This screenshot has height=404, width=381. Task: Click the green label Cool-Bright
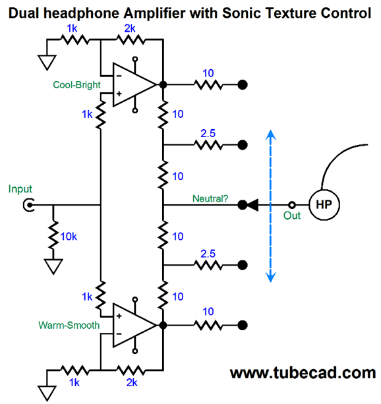76,85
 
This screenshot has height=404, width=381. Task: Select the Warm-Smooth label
69,325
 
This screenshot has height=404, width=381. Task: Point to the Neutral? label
210,198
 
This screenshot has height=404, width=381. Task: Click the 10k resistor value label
69,237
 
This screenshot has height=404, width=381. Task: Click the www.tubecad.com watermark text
303,373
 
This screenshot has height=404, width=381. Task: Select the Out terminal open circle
292,205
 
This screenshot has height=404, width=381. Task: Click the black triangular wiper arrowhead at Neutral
253,205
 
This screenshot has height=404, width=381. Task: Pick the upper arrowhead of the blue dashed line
271,134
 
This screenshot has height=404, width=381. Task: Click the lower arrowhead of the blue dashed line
271,277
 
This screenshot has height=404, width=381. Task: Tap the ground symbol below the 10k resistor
53,266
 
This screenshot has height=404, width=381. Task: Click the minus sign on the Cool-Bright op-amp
119,76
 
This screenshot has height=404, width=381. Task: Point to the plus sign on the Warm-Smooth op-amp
119,316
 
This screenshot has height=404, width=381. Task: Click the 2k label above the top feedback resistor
130,28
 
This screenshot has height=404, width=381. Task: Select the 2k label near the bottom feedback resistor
132,383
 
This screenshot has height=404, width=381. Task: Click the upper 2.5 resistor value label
208,133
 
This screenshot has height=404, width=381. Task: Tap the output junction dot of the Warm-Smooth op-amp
163,325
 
